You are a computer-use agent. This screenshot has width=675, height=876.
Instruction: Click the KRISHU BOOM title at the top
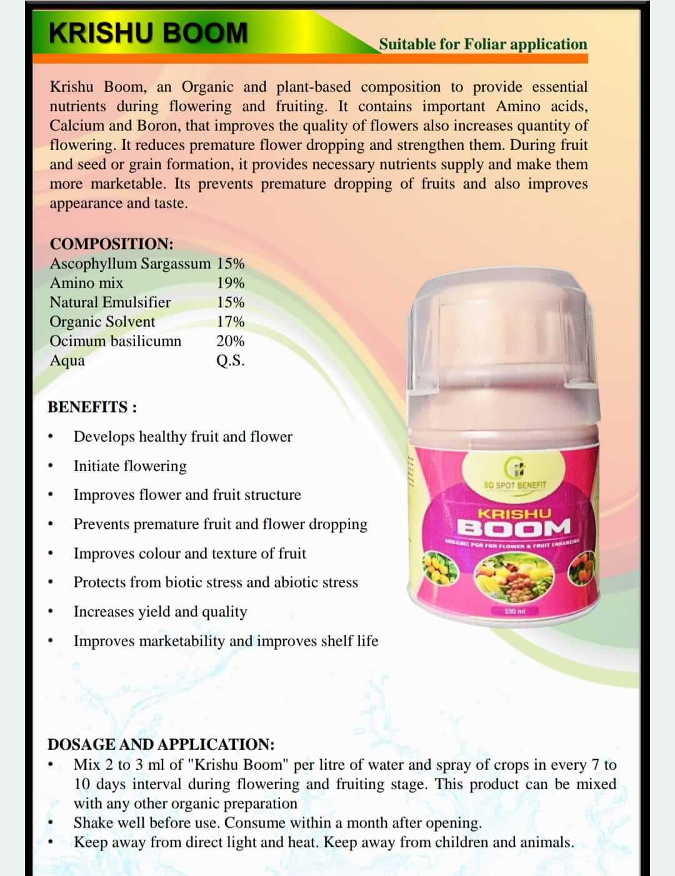(x=148, y=33)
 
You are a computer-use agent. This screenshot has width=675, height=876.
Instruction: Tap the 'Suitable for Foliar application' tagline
(x=482, y=44)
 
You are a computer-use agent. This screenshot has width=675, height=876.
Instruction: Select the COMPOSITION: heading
(x=111, y=244)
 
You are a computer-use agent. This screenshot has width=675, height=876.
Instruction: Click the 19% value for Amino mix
(x=231, y=283)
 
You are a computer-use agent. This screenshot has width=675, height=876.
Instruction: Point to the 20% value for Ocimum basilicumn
(x=231, y=341)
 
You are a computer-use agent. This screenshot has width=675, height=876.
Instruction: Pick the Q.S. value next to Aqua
(x=231, y=361)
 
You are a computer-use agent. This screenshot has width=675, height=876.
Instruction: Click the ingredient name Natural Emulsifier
(x=110, y=302)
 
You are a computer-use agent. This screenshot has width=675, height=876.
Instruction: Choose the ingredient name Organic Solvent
(x=102, y=322)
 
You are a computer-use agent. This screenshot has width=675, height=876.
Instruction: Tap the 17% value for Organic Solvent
(x=231, y=322)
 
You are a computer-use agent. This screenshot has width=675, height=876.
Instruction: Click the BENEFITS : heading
(x=92, y=407)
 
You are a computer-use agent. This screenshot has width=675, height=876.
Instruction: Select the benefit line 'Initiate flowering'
(x=130, y=466)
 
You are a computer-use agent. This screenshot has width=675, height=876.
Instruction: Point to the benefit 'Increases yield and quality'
(x=160, y=612)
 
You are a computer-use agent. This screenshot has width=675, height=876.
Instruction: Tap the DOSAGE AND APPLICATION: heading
(x=161, y=744)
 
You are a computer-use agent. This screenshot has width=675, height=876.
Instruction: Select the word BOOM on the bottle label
(x=514, y=528)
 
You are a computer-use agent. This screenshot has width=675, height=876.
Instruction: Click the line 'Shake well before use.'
(x=147, y=823)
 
